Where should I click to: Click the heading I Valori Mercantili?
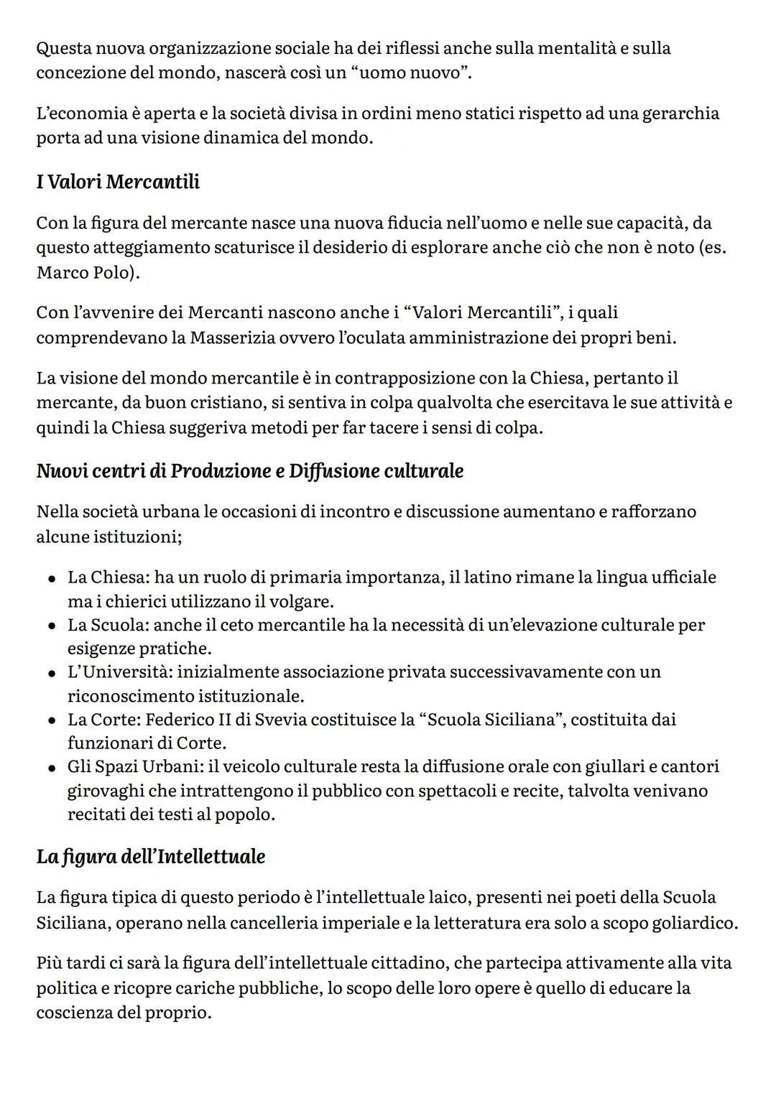coord(118,182)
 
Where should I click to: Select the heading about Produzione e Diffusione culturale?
coord(249,471)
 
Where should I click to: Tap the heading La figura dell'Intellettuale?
coord(150,857)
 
